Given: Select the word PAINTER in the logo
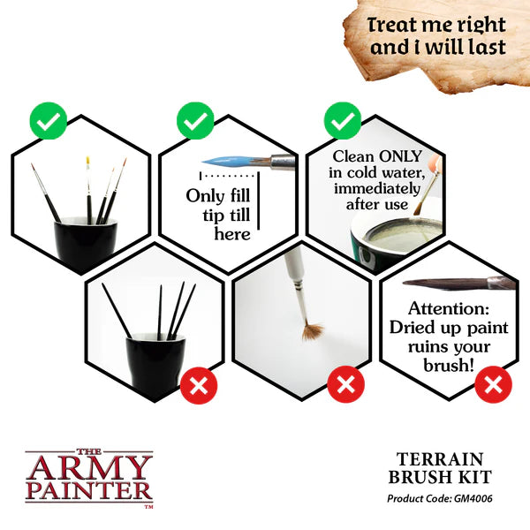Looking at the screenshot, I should (x=88, y=488).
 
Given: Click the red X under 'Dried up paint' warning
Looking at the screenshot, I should (x=492, y=384).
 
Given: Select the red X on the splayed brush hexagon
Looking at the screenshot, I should (x=344, y=384).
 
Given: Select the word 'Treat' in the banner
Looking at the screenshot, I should (x=397, y=25).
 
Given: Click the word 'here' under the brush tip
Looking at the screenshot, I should (x=231, y=233).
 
